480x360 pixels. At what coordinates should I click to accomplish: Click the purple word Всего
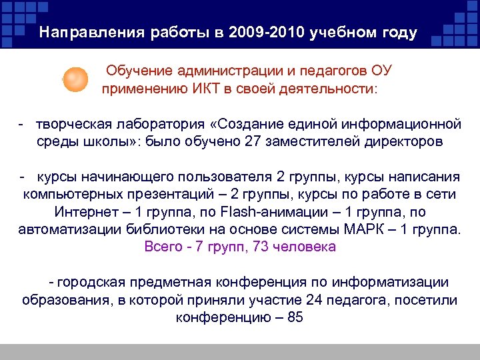[x=162, y=247]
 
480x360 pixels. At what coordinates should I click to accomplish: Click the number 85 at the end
[x=295, y=317]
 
